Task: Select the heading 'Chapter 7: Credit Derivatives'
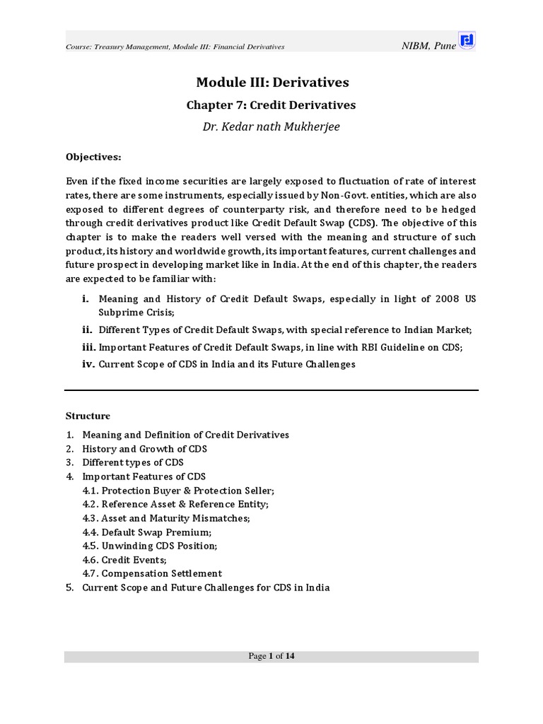point(271,105)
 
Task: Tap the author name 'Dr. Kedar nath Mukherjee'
point(271,127)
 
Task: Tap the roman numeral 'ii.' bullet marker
point(88,329)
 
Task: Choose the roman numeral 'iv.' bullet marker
point(88,364)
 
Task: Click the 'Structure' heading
point(88,416)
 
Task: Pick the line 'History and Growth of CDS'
point(145,449)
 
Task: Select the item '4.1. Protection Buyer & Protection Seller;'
point(178,491)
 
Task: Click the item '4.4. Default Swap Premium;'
point(147,532)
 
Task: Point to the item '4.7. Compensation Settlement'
point(152,573)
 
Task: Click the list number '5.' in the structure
point(70,588)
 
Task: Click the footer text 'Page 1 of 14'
point(271,656)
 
